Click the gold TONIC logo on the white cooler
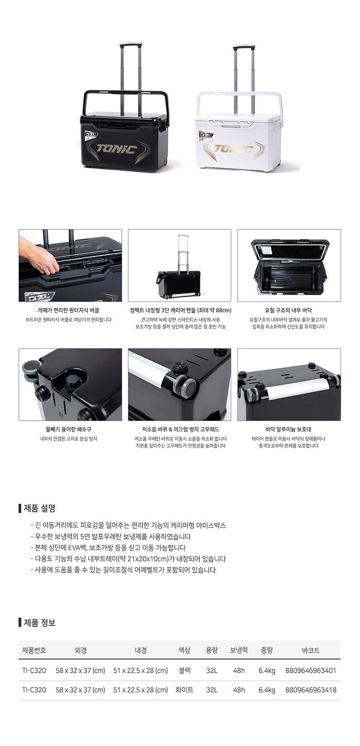click(x=234, y=149)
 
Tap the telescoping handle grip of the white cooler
click(x=244, y=47)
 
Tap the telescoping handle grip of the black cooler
click(x=130, y=44)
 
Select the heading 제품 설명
click(x=39, y=508)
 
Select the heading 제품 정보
click(x=39, y=623)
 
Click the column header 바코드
click(x=311, y=650)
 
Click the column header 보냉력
click(x=239, y=650)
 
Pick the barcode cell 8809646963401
click(x=311, y=670)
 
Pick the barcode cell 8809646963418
click(x=311, y=689)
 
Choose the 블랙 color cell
click(x=185, y=670)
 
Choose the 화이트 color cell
click(x=185, y=689)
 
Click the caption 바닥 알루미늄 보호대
click(x=288, y=429)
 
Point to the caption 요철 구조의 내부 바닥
click(x=288, y=310)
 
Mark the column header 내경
click(x=141, y=650)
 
